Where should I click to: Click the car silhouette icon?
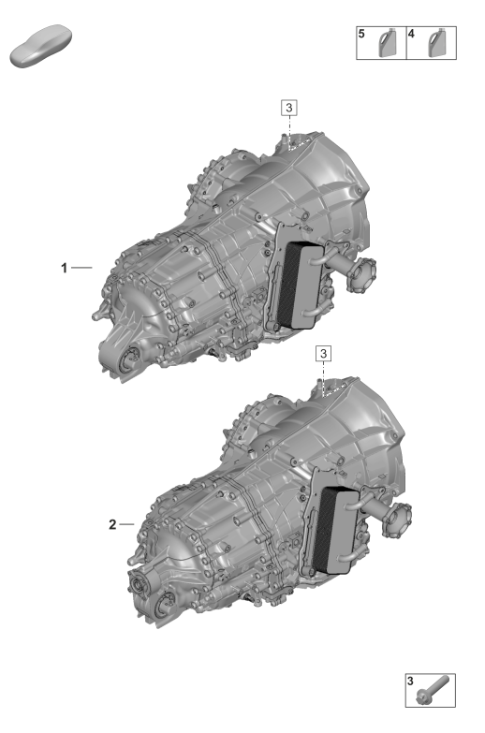point(40,45)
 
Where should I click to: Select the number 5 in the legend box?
point(361,34)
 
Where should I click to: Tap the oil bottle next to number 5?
point(387,43)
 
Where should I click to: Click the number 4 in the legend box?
point(412,34)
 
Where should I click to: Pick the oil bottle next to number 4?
point(437,43)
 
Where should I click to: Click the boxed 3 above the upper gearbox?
point(289,108)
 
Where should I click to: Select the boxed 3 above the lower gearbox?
point(323,354)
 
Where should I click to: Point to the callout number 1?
point(64,268)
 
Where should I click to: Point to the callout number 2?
point(112,524)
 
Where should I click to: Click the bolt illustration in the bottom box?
point(434,690)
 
